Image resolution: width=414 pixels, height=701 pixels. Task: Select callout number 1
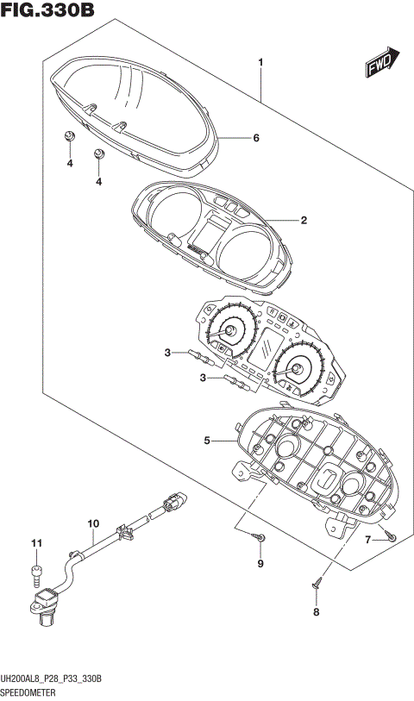260,62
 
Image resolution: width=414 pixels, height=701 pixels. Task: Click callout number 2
304,221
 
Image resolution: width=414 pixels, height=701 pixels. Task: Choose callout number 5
207,441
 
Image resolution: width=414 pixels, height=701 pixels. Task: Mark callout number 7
367,540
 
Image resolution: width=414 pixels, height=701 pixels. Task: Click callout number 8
316,612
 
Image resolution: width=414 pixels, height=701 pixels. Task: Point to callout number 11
36,542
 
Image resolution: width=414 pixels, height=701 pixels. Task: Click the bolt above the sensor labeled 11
36,570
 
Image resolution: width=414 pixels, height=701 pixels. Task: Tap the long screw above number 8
317,585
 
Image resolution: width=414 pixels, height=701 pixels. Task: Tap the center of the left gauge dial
230,331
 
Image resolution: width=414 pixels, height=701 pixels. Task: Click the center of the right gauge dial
295,371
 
